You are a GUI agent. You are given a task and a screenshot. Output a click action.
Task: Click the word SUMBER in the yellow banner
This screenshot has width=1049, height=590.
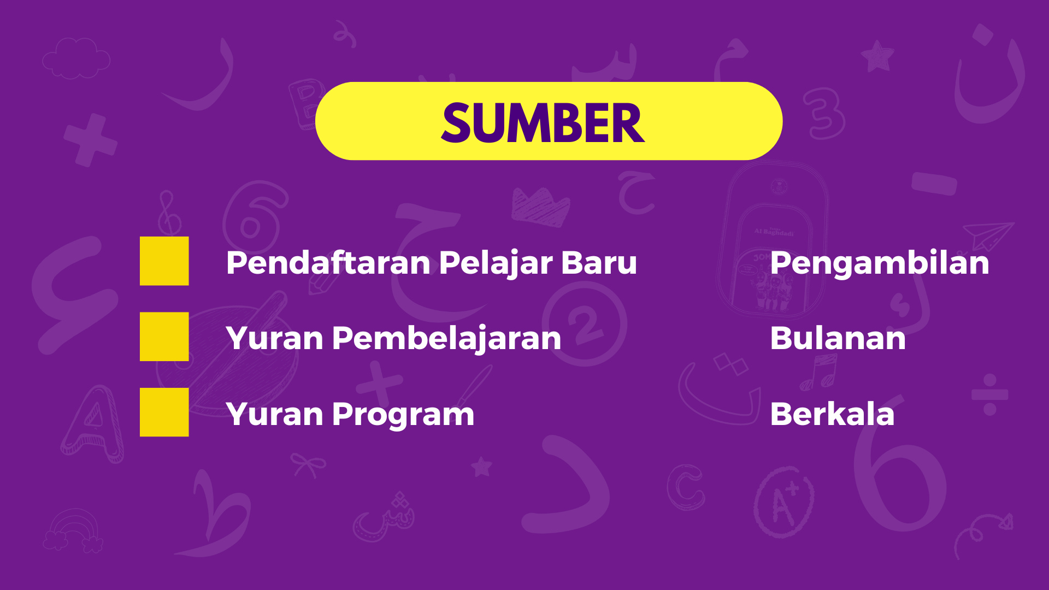(543, 123)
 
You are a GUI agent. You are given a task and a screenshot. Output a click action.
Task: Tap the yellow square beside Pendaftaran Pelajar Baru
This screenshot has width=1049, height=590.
(164, 261)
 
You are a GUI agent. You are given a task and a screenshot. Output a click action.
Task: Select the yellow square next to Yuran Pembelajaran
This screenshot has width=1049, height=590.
(164, 337)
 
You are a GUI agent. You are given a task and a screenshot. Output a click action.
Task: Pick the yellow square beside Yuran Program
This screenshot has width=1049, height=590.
(164, 412)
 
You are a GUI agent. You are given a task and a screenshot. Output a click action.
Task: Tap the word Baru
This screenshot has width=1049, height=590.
(599, 263)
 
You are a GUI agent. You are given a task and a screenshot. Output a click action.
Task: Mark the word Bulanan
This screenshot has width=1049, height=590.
(838, 338)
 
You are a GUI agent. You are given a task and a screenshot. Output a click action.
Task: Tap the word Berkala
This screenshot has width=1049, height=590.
(832, 414)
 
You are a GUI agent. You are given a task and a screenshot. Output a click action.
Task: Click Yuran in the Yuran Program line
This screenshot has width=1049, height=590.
(275, 415)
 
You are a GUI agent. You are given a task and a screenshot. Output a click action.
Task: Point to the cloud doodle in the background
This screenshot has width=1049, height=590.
(76, 58)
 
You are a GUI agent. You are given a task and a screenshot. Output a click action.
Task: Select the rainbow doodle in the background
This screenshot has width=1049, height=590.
(73, 530)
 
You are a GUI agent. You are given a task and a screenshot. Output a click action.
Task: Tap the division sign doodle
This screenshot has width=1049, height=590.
(989, 394)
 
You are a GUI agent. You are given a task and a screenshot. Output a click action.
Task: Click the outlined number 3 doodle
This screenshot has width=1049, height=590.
(823, 114)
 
